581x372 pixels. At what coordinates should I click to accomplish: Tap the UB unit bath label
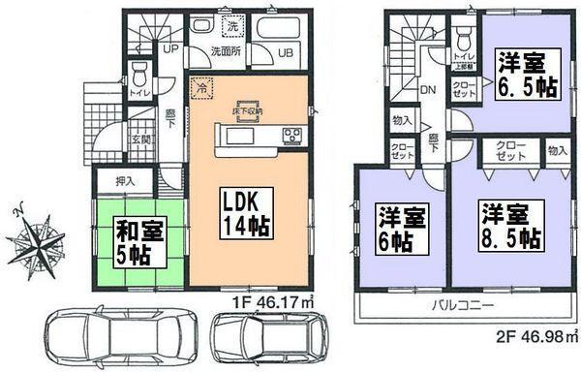pyautogui.click(x=288, y=53)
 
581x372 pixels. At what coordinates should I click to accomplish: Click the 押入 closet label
pyautogui.click(x=124, y=179)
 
